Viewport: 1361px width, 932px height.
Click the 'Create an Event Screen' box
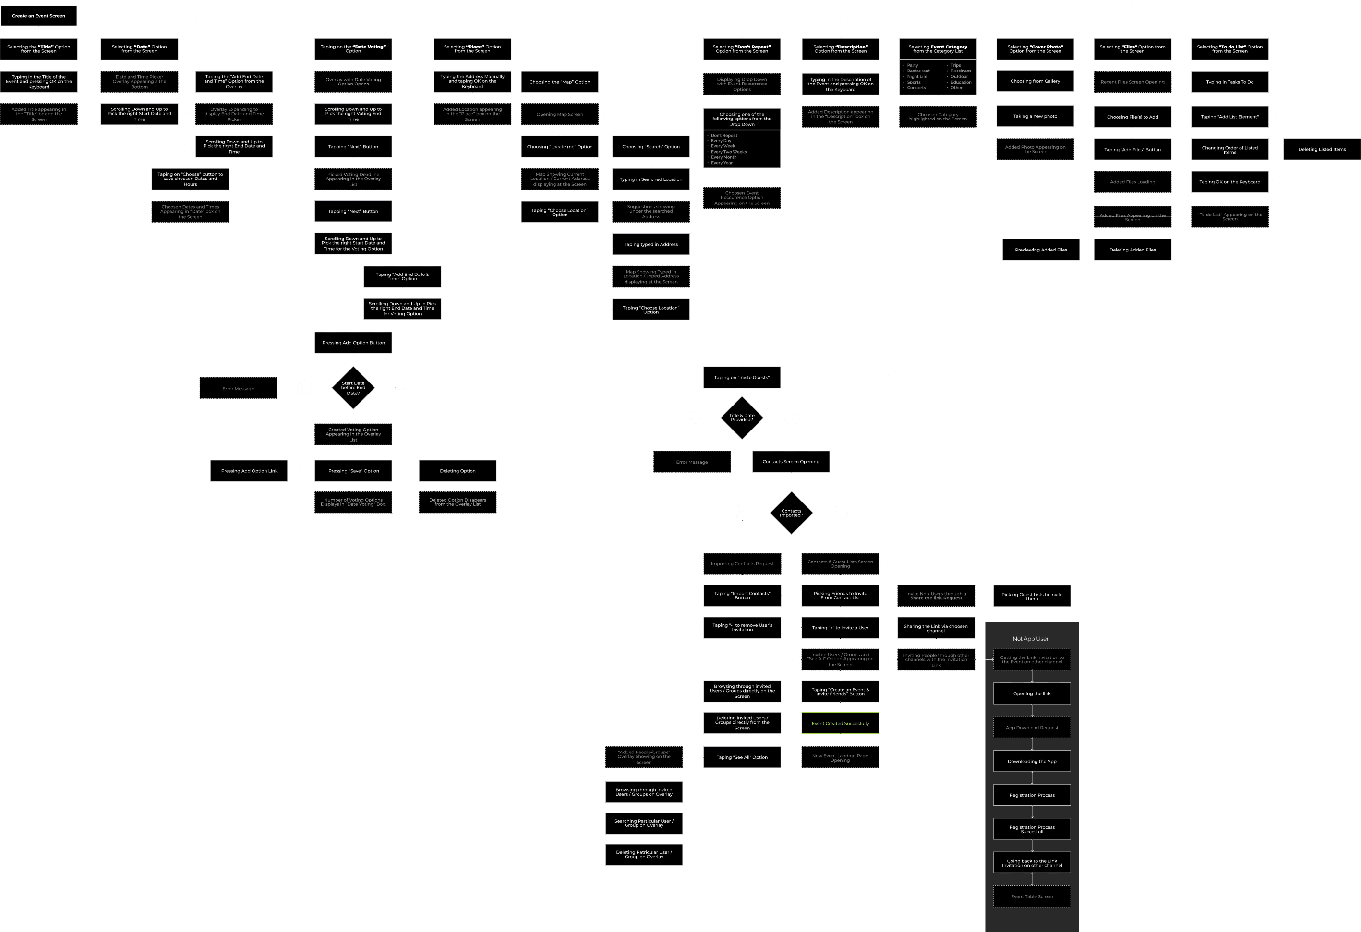pos(39,16)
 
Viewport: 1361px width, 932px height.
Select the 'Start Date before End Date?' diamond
pos(353,388)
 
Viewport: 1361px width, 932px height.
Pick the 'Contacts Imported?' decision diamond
pos(791,513)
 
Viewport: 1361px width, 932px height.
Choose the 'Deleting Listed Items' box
pos(1322,149)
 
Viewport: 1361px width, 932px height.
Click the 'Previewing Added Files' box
pos(1041,250)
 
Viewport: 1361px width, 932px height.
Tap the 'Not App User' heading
pos(1031,639)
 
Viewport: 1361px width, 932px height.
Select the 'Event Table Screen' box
pos(1032,896)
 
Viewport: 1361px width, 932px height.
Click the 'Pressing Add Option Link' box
pos(249,471)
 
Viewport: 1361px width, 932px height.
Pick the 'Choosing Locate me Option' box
pos(559,147)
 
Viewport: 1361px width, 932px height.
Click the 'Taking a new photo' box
pos(1035,116)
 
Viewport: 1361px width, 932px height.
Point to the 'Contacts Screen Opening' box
pos(791,462)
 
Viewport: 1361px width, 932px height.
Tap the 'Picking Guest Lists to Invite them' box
pos(1031,596)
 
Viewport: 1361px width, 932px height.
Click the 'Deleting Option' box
pos(458,471)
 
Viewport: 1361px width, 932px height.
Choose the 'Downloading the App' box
pos(1032,761)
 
